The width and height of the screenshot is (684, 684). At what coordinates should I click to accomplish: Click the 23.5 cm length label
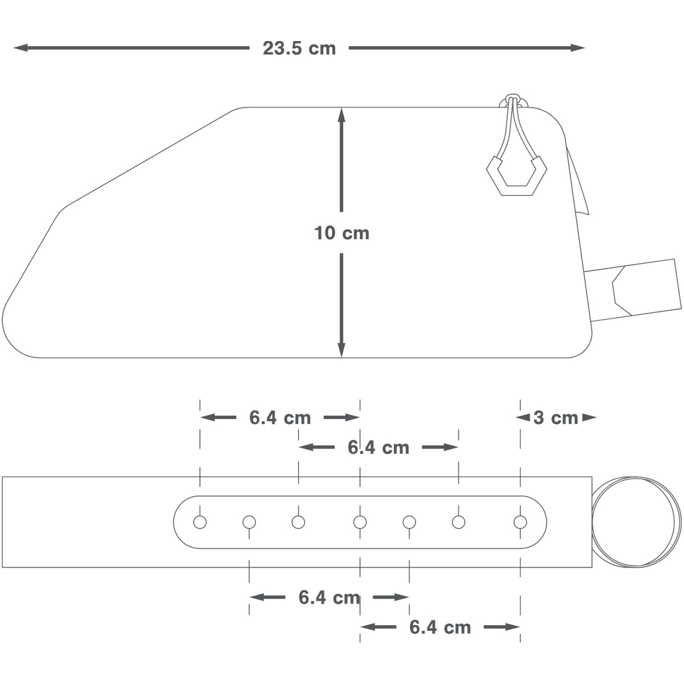(x=299, y=48)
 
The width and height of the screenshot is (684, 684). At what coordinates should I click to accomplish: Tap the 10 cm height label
(x=341, y=233)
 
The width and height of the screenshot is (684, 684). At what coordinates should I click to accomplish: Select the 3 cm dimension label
(x=556, y=418)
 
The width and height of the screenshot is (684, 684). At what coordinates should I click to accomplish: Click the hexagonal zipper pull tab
(x=516, y=176)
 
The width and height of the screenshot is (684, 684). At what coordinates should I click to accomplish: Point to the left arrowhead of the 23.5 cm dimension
(x=21, y=47)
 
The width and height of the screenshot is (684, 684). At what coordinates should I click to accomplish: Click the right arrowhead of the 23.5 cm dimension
(x=578, y=47)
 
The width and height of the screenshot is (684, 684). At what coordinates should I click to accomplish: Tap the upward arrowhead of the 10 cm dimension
(x=341, y=115)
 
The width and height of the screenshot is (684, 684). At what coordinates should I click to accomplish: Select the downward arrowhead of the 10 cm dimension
(x=341, y=350)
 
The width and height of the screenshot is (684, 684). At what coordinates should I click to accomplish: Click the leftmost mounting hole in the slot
(x=200, y=522)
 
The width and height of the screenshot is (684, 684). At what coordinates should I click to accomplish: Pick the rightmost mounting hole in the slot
(x=520, y=522)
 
